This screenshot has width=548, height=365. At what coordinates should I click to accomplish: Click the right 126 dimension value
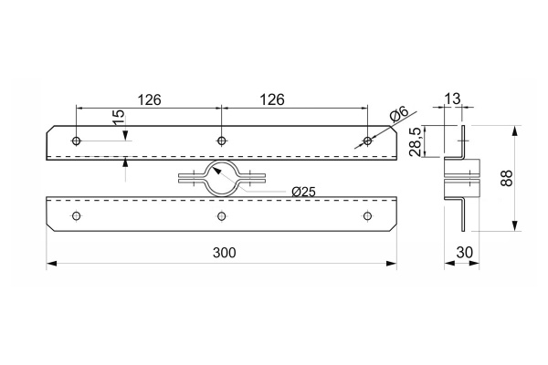point(293,98)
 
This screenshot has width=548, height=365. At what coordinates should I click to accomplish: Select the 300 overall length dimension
point(221,253)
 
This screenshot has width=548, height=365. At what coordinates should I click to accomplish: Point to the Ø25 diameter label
point(303,191)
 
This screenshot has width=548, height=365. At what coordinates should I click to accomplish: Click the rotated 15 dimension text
point(117,120)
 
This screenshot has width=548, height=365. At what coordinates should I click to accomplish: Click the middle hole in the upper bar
point(221,141)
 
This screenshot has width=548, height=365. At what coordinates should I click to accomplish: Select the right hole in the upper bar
point(367,141)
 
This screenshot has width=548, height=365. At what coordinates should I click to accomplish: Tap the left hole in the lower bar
point(76,215)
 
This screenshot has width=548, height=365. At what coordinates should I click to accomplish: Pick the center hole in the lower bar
point(221,215)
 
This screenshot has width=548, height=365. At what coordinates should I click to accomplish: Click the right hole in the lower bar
point(367,215)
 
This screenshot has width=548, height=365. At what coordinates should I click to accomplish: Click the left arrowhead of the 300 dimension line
point(50,265)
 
